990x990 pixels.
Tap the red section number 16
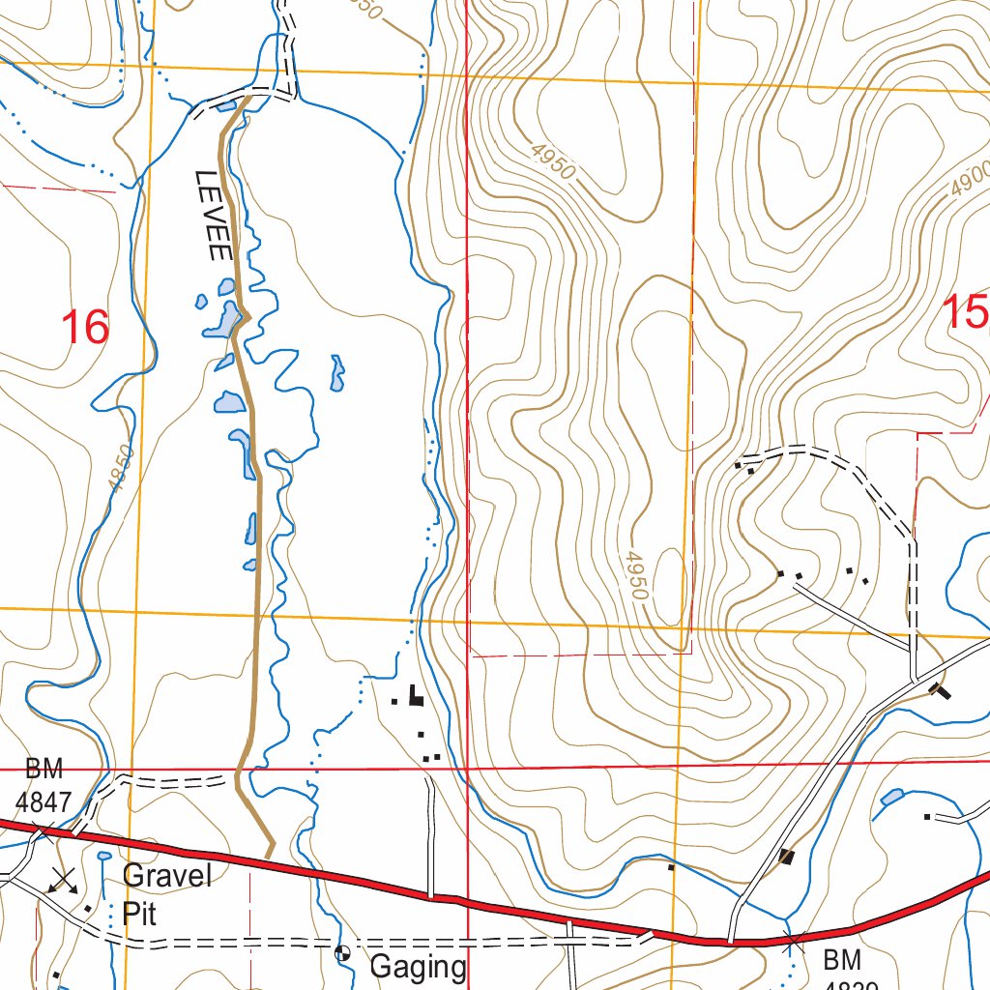(x=84, y=328)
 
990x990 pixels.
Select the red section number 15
(x=966, y=313)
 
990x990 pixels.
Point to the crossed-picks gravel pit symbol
(x=64, y=880)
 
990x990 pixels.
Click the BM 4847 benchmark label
(x=43, y=785)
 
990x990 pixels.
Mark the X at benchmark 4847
(x=42, y=830)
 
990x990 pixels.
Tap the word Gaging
(x=419, y=966)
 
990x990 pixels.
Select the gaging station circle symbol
(x=342, y=953)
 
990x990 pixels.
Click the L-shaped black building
(x=415, y=695)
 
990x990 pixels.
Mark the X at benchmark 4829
(x=793, y=940)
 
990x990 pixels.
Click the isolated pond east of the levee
(x=336, y=373)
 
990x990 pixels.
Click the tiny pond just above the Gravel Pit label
(x=103, y=856)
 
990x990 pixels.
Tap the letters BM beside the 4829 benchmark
(x=840, y=961)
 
